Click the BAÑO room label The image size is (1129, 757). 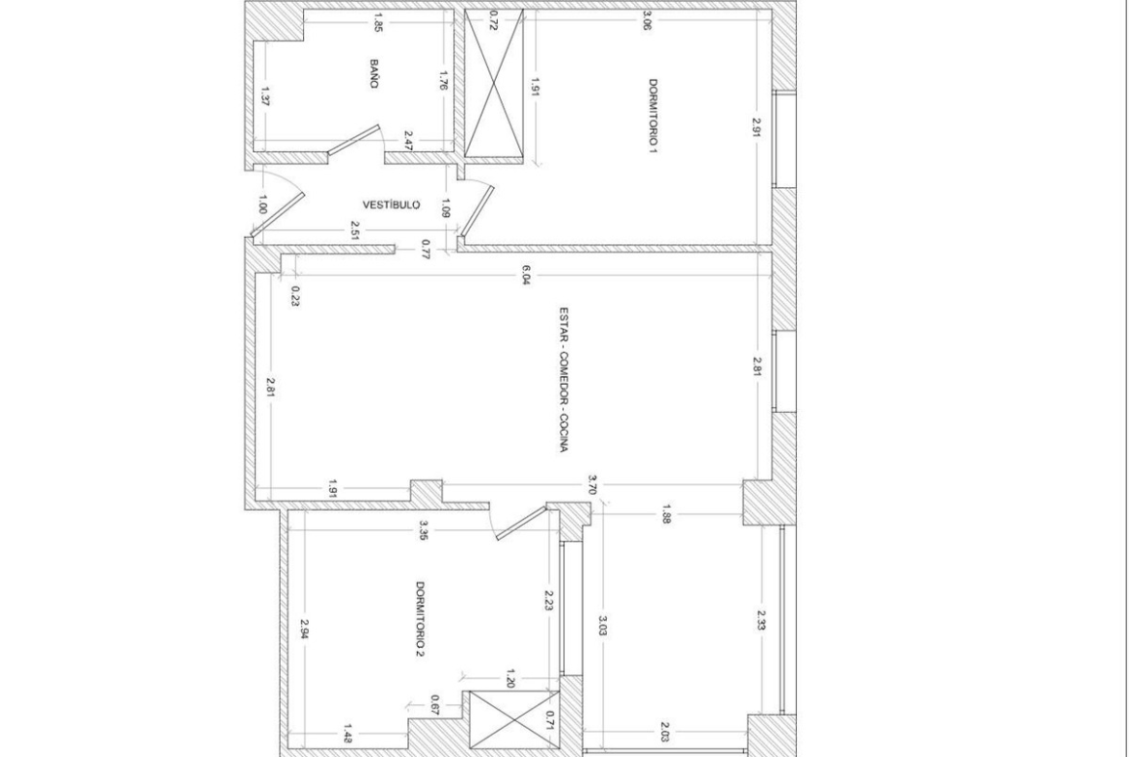tap(373, 74)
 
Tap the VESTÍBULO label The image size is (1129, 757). tap(391, 205)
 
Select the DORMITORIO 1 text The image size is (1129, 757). tap(652, 117)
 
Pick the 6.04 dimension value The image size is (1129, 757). tap(526, 276)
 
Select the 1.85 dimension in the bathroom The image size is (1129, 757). tap(377, 24)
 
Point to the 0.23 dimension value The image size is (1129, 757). tap(295, 296)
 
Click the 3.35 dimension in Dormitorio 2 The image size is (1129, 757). tap(423, 530)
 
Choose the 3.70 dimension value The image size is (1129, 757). tap(592, 483)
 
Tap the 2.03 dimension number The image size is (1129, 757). tap(664, 735)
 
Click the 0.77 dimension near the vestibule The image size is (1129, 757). tap(426, 249)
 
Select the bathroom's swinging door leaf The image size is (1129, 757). tap(353, 140)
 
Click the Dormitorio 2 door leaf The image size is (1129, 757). tap(521, 523)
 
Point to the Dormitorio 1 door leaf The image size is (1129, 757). tap(478, 211)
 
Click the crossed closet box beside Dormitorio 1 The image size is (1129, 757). tap(494, 83)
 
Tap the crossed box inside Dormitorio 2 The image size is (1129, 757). tap(513, 719)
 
